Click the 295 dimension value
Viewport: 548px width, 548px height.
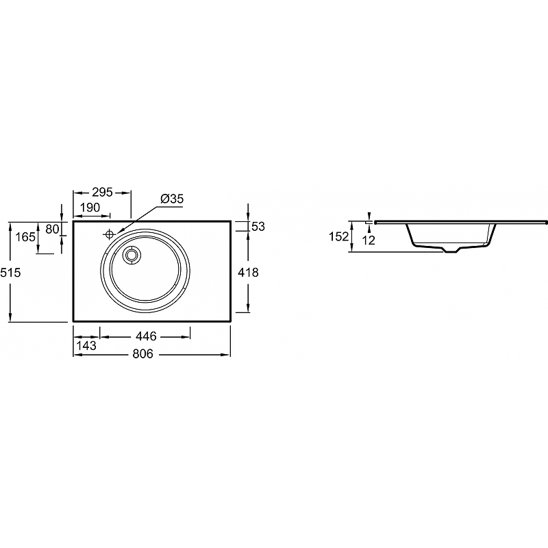point(102,192)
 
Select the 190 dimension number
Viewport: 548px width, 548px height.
point(90,208)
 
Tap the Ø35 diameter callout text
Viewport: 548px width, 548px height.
point(172,199)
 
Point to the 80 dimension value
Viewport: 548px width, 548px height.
point(52,229)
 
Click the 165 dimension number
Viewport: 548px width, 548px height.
point(25,237)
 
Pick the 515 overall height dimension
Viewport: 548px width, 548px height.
point(10,272)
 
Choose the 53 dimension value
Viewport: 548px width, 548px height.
point(258,227)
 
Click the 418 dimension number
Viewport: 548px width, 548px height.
point(248,272)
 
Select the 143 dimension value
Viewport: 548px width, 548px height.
point(86,346)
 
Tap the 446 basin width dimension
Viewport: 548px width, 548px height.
point(146,336)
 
